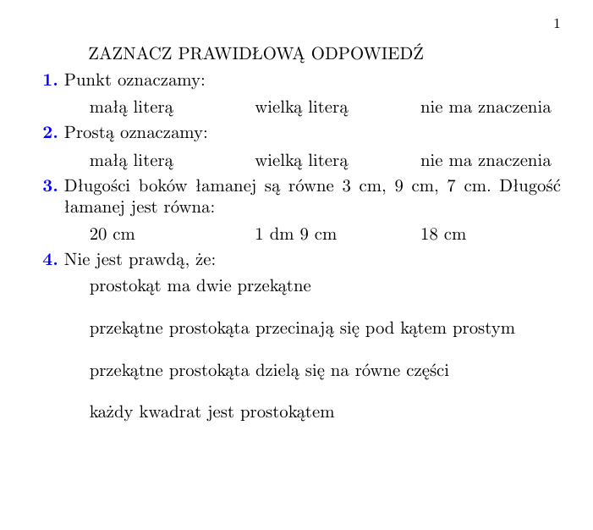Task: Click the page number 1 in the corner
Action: [557, 24]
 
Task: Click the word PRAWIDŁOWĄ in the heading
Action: [244, 54]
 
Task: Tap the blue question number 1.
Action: [50, 81]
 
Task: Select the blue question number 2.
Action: [50, 133]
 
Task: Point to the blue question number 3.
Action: [50, 186]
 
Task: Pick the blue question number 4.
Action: [50, 259]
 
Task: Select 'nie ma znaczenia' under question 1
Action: [486, 108]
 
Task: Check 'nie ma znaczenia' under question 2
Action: [486, 161]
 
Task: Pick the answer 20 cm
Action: [113, 235]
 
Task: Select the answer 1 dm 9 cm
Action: [295, 235]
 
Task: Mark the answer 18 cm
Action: [443, 235]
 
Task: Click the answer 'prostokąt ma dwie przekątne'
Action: [200, 287]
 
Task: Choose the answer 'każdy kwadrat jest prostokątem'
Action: [212, 413]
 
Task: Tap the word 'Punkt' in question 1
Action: [83, 81]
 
